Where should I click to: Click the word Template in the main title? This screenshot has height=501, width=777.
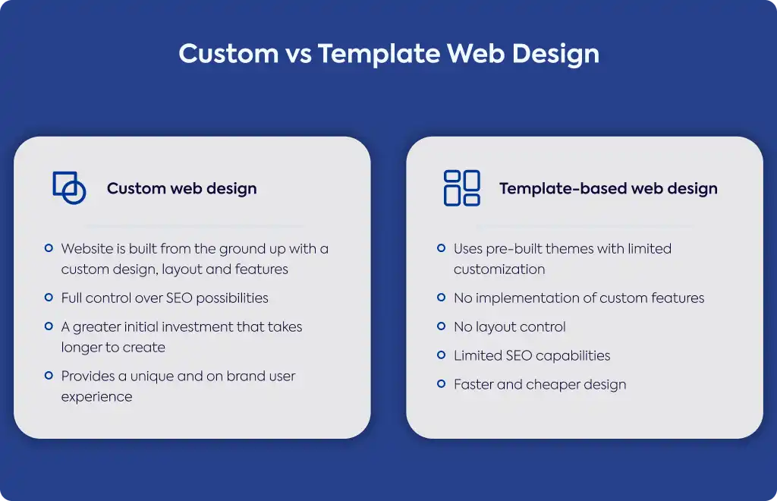click(379, 54)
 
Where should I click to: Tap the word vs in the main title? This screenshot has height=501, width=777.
click(297, 55)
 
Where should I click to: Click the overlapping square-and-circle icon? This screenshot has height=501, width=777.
click(69, 187)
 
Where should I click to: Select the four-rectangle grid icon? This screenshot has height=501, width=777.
click(462, 187)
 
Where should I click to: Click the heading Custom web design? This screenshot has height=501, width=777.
click(182, 189)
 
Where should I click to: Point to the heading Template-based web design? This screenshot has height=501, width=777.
click(608, 189)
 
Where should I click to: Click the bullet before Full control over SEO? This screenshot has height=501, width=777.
click(49, 298)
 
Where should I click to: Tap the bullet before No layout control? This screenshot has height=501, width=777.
click(441, 326)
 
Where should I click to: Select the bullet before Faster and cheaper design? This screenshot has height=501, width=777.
click(441, 383)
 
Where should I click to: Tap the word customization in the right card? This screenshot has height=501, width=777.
click(499, 269)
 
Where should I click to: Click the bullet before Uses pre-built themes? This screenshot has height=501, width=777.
click(441, 247)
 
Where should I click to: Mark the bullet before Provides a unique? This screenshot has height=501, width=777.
click(49, 375)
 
